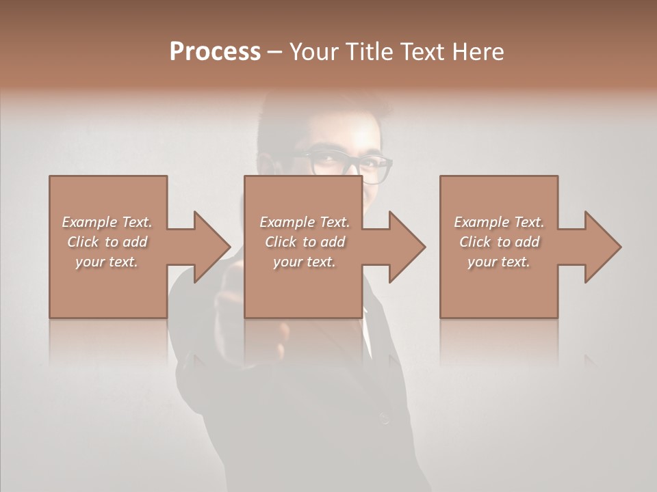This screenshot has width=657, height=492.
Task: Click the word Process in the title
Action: (x=215, y=52)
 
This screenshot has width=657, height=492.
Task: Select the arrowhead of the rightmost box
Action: (x=602, y=247)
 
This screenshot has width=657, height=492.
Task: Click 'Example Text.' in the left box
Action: (x=107, y=222)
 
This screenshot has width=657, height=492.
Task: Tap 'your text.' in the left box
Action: (x=107, y=262)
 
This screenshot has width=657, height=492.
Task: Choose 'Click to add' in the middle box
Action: (x=305, y=242)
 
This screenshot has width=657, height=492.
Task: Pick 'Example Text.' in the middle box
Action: (x=305, y=222)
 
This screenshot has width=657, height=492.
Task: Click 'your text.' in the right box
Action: (x=499, y=262)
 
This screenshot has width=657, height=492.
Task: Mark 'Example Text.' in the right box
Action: (x=499, y=222)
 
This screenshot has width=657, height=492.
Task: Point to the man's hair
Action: (x=322, y=113)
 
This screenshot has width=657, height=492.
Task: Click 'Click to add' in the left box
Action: (x=107, y=242)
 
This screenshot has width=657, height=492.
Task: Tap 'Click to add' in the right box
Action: (x=499, y=242)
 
